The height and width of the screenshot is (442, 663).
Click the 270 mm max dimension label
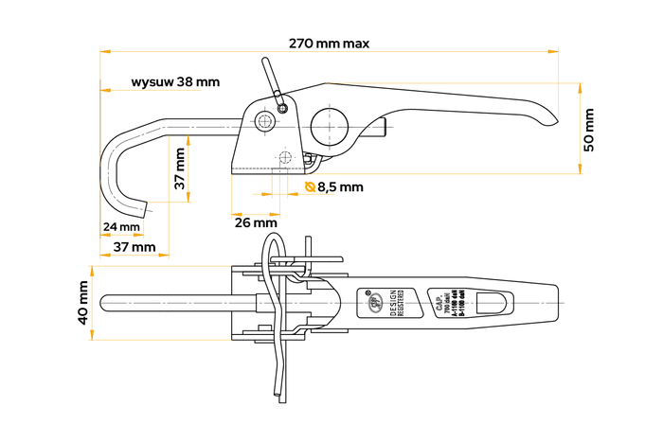330,44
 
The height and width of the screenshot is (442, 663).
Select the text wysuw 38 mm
175,82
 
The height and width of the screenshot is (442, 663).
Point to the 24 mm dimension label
121,227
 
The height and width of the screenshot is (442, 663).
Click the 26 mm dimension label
256,222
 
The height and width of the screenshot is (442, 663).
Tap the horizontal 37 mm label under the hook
134,246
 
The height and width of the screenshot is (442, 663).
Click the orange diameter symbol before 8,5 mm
310,187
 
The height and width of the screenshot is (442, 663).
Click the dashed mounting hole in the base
285,157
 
